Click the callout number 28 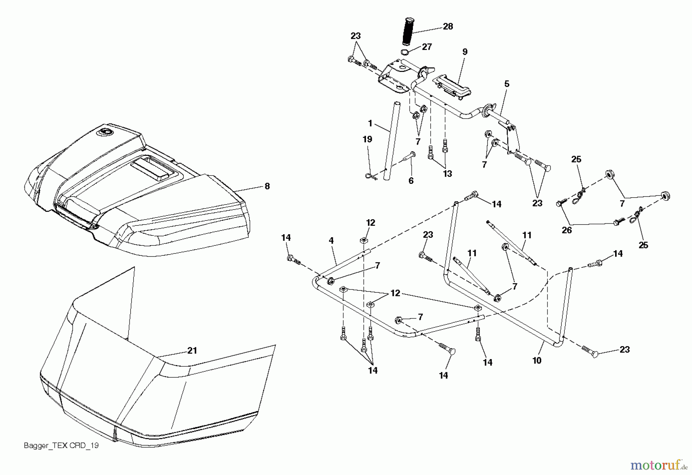448,27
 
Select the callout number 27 427,47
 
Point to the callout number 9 465,52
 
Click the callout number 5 507,83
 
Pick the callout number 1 370,123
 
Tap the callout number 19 368,139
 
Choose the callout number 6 411,180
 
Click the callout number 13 447,174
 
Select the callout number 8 267,187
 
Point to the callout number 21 192,350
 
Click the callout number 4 331,241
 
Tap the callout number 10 537,360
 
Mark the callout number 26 567,230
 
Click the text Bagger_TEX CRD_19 62,446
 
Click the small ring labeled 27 405,52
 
